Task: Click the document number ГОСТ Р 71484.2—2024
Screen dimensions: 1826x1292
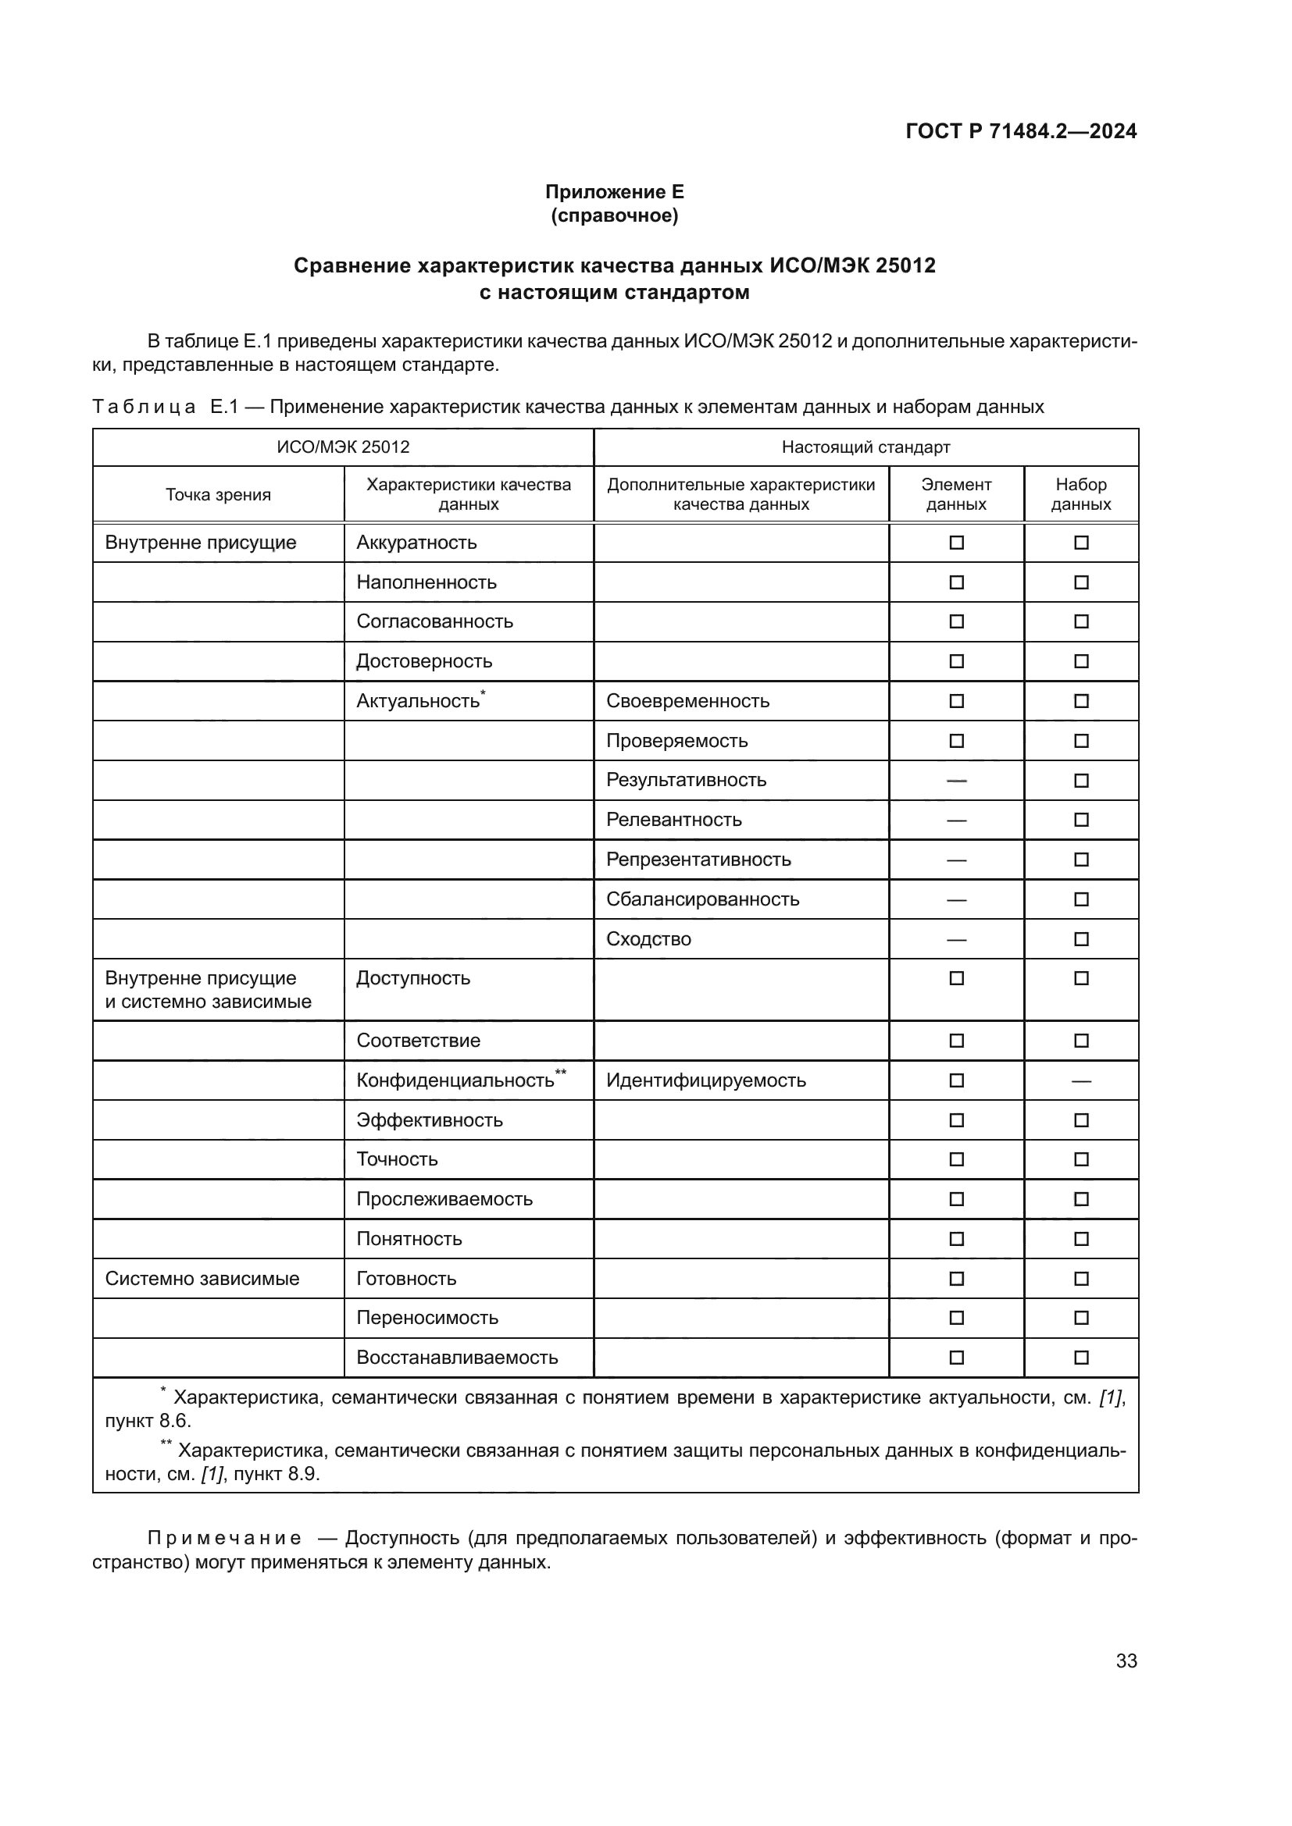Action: pyautogui.click(x=1021, y=131)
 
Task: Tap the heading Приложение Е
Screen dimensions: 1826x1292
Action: pyautogui.click(x=614, y=192)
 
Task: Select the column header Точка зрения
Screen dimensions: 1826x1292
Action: pyautogui.click(x=218, y=495)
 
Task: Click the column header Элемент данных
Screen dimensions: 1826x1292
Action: pyautogui.click(x=956, y=494)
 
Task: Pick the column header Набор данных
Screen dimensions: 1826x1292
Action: pyautogui.click(x=1080, y=494)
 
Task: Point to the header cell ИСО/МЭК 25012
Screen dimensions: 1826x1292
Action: pyautogui.click(x=343, y=447)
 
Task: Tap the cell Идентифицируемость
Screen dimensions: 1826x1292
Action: pyautogui.click(x=705, y=1080)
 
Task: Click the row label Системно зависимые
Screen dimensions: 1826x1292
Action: pyautogui.click(x=202, y=1278)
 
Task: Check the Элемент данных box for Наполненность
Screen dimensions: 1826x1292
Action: pyautogui.click(x=956, y=582)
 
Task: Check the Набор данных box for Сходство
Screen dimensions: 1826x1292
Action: pyautogui.click(x=1081, y=939)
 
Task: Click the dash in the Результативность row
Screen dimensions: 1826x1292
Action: pyautogui.click(x=956, y=780)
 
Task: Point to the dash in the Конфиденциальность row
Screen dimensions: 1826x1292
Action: pyautogui.click(x=1081, y=1080)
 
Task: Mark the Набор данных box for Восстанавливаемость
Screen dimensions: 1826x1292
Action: pyautogui.click(x=1081, y=1358)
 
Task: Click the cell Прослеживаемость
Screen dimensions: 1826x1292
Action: pyautogui.click(x=444, y=1198)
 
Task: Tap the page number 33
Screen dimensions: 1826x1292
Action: pyautogui.click(x=1126, y=1660)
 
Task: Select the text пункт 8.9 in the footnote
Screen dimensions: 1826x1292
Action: pyautogui.click(x=276, y=1474)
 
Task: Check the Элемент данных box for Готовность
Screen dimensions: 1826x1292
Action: pyautogui.click(x=956, y=1278)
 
